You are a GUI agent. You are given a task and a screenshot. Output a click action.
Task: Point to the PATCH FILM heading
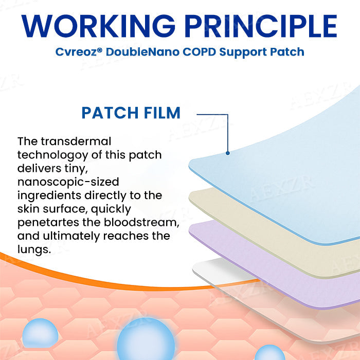click(x=131, y=113)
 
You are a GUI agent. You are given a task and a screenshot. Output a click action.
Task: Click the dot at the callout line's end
click(x=227, y=153)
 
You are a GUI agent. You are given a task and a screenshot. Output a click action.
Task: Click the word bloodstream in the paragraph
click(x=139, y=223)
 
